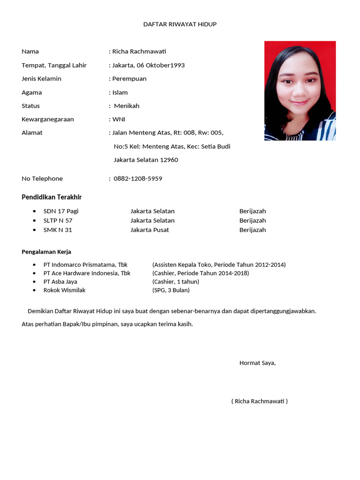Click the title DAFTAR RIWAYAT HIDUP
[180, 24]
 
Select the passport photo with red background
[300, 91]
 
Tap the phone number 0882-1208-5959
[138, 179]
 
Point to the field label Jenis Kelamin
[41, 79]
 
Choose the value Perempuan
[129, 79]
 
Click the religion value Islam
[120, 92]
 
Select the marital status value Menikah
[127, 106]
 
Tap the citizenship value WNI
[119, 120]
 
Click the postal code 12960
[169, 160]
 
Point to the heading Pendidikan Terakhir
[52, 197]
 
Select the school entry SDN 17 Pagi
[61, 211]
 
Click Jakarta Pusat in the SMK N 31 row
[150, 230]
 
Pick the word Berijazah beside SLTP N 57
[253, 221]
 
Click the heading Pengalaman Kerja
[46, 252]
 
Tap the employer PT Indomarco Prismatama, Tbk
[85, 265]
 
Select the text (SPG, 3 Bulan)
[171, 290]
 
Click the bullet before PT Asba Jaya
[34, 282]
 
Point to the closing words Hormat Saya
[257, 363]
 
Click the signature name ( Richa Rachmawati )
[259, 401]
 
